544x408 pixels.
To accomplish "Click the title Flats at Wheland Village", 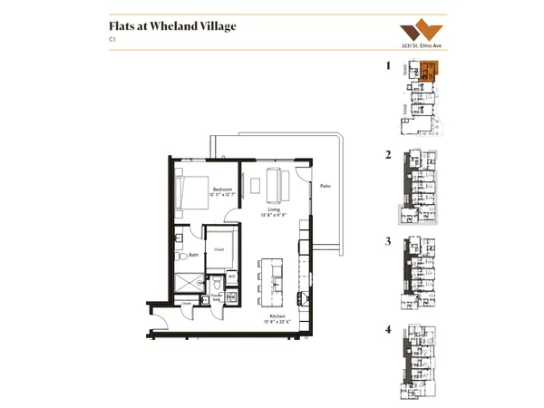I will tap(172, 26).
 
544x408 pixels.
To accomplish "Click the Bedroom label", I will tap(223, 189).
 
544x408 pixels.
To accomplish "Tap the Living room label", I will tap(272, 209).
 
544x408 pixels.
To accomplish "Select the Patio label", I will tap(325, 186).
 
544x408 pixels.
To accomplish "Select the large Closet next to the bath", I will tap(219, 247).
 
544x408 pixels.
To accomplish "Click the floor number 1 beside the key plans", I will tap(388, 66).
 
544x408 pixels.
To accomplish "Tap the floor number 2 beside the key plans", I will tap(388, 155).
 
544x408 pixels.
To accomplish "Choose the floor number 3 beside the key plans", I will tap(388, 242).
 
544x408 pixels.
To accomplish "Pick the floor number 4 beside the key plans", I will tap(388, 329).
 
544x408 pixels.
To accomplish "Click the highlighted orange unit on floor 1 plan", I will tap(428, 70).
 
